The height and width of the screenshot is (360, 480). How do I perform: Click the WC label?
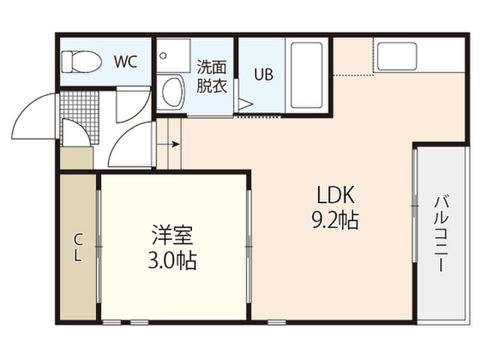coord(125,61)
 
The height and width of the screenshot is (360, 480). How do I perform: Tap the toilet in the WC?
coord(82,61)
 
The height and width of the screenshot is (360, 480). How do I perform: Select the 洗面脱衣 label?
coord(211,76)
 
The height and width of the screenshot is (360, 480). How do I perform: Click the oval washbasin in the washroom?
coord(172,91)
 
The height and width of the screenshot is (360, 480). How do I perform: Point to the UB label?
coord(263,74)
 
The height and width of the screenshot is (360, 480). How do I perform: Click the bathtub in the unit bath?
coord(307,75)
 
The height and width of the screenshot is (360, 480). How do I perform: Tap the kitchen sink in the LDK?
coord(397,56)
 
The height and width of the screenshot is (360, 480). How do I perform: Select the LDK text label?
coord(336,195)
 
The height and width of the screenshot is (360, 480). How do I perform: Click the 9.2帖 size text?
coord(335,220)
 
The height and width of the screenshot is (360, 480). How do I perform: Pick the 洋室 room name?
coord(172,235)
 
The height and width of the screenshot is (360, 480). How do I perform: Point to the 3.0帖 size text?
coord(172,260)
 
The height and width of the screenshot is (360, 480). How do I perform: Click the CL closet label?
coord(78,247)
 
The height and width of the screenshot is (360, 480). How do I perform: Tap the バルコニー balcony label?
coord(441,233)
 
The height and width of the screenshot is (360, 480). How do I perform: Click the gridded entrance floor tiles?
coord(79,118)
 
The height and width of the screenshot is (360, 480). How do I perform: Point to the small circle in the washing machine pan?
coord(163,55)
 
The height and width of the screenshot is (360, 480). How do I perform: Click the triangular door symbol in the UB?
coord(245,104)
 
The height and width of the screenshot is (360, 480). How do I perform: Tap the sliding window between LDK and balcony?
coord(415,205)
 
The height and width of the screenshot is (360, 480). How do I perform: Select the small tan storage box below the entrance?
coord(76,158)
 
